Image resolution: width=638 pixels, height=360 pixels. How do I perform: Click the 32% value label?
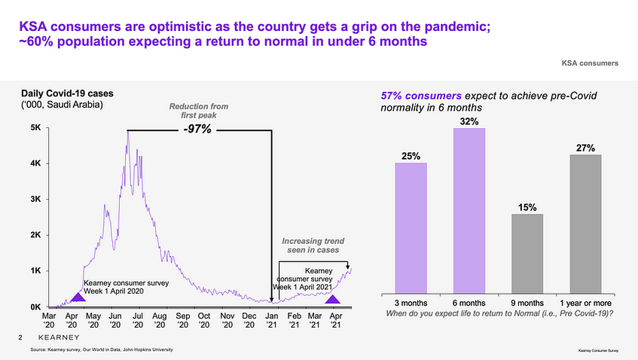pyautogui.click(x=469, y=121)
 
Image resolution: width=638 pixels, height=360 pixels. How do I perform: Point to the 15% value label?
pyautogui.click(x=527, y=206)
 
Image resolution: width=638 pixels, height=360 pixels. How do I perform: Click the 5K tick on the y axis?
pyautogui.click(x=35, y=128)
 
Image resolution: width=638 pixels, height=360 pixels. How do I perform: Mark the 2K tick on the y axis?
pyautogui.click(x=35, y=235)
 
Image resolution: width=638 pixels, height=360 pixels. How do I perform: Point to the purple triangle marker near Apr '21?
pyautogui.click(x=331, y=299)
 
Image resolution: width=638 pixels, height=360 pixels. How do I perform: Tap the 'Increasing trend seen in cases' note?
pyautogui.click(x=312, y=245)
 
